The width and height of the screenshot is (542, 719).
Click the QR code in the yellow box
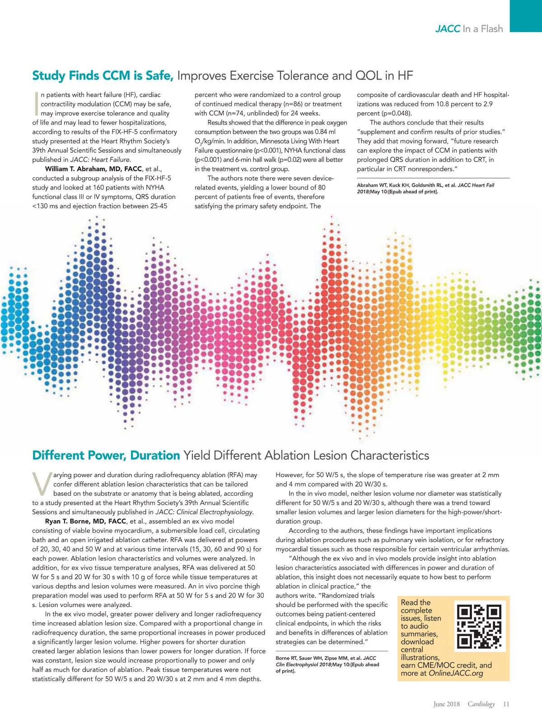click(x=479, y=626)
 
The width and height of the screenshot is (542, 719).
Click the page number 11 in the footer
click(x=506, y=704)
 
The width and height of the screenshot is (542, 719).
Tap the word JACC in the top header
click(x=448, y=29)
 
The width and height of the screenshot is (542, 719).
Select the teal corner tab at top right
click(x=526, y=16)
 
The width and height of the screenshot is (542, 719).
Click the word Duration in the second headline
click(x=155, y=455)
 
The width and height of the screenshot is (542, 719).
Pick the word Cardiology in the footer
click(x=481, y=704)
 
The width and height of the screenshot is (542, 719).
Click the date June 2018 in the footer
click(x=446, y=704)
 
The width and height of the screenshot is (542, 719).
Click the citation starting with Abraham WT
click(x=425, y=188)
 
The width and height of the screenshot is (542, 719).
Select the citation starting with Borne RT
click(x=327, y=664)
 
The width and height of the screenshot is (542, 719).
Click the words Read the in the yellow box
click(x=416, y=602)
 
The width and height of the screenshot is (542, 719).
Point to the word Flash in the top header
click(x=491, y=29)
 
